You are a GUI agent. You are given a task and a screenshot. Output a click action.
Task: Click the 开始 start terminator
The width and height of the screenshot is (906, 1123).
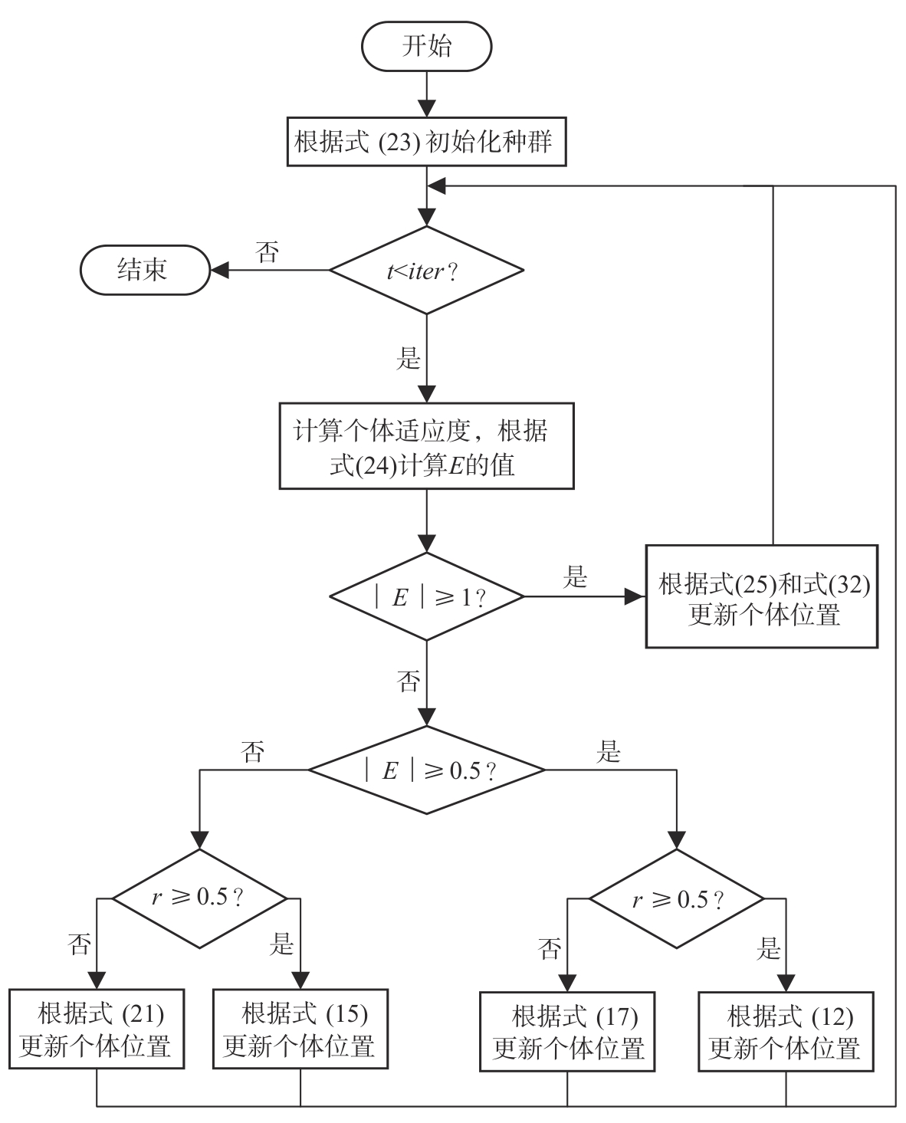(426, 47)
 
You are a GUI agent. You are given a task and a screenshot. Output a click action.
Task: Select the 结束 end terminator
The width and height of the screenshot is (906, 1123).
(145, 270)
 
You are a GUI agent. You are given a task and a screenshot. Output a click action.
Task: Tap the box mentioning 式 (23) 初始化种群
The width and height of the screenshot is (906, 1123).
(426, 142)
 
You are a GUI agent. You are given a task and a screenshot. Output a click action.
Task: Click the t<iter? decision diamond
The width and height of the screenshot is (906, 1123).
(426, 270)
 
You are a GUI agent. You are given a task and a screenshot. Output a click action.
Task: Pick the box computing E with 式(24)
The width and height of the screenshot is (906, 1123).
(426, 446)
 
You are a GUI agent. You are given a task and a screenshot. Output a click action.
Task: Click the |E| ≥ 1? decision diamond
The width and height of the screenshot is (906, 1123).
(426, 596)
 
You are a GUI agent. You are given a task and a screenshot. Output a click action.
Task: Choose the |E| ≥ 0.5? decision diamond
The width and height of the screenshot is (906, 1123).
(426, 770)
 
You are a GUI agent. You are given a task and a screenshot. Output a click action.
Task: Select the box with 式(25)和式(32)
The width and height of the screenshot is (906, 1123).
(761, 596)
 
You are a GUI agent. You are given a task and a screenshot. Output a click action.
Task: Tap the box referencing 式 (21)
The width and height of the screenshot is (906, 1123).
(97, 1029)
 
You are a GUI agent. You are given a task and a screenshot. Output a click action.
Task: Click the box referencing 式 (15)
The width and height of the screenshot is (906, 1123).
(300, 1029)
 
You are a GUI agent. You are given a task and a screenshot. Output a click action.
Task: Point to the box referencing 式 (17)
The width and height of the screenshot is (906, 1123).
(567, 1031)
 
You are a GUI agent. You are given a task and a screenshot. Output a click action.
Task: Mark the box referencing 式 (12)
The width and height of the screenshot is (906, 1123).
(786, 1031)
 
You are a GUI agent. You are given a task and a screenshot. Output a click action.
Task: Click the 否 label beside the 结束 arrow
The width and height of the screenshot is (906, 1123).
(267, 253)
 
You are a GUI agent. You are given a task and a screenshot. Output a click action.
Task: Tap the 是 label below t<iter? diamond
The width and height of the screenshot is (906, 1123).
(408, 358)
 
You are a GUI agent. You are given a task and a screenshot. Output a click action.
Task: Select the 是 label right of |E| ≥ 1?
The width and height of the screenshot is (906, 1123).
(575, 577)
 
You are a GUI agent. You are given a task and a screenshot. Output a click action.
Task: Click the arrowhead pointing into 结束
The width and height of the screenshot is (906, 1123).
(219, 270)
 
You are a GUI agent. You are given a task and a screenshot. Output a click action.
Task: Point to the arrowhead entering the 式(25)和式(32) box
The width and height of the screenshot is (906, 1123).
(635, 596)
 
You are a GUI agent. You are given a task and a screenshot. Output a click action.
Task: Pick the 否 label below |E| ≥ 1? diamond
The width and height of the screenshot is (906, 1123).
(408, 681)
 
